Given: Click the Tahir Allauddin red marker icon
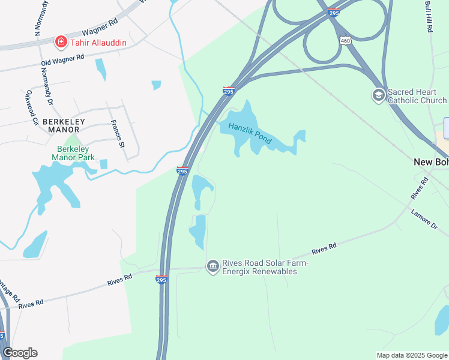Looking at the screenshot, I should pos(61,41).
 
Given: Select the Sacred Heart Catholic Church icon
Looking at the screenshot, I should pos(378,95).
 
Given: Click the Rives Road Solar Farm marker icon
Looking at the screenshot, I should pos(212,266).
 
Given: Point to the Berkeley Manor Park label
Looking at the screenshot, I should pos(73,153).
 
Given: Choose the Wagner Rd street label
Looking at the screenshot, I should pos(101,26).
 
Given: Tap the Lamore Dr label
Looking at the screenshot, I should pos(426,219).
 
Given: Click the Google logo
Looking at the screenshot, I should pos(20,353).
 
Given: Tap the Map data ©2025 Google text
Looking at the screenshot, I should pos(412,355).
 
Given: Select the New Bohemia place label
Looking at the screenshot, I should pos(431,162).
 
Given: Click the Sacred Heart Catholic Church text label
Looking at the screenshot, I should pos(417,96).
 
